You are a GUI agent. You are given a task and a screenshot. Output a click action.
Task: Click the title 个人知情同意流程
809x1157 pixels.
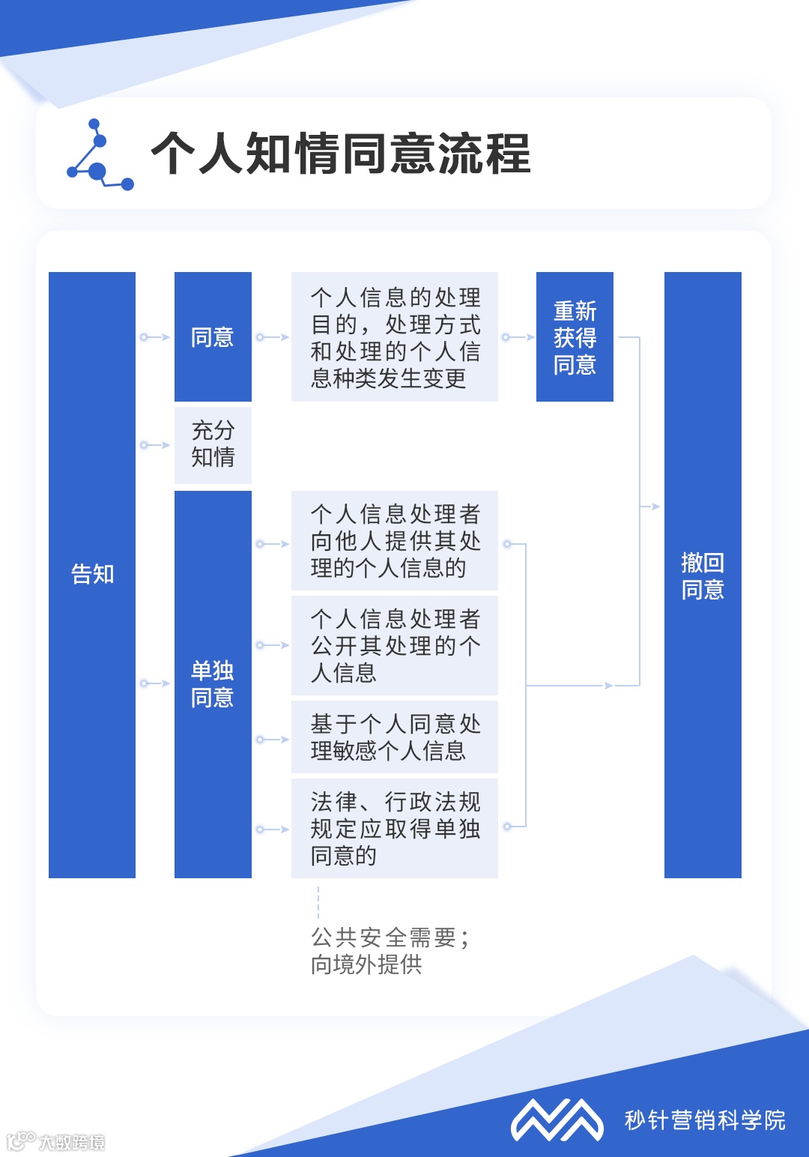(x=341, y=154)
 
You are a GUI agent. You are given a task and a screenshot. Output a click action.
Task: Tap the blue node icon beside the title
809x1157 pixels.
(x=100, y=155)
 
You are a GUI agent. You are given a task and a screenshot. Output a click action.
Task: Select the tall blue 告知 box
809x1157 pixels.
(x=92, y=575)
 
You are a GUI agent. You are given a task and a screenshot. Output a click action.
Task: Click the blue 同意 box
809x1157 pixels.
(x=213, y=337)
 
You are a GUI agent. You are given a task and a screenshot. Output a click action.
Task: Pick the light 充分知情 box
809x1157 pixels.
(x=213, y=444)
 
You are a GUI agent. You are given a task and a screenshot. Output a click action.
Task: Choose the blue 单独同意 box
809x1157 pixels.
(x=213, y=684)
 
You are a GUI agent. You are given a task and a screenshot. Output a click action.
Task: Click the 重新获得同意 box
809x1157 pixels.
(x=575, y=337)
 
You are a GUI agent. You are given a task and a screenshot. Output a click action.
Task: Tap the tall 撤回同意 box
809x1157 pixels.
(x=703, y=575)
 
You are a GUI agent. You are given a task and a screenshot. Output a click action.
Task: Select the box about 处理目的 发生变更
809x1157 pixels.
(x=395, y=337)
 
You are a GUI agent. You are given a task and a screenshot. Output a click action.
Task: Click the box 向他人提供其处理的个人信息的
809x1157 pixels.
(x=395, y=541)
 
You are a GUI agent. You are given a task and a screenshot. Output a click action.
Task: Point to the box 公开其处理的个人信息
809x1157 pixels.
(x=395, y=645)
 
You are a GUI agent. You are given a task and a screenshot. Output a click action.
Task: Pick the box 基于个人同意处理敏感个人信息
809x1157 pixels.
(x=395, y=737)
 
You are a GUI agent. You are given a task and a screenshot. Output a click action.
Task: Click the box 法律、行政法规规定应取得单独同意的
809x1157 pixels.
(x=395, y=829)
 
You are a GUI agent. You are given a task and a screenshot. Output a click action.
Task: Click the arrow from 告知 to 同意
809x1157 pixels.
(x=155, y=337)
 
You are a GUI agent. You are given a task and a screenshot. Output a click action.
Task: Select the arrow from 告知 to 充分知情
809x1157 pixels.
(x=155, y=445)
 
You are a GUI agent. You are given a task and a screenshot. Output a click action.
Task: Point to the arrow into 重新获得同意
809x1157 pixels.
(x=518, y=337)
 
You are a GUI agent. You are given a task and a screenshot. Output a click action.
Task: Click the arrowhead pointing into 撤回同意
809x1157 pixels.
(x=655, y=507)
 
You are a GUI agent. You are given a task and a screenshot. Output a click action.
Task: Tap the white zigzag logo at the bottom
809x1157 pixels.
(x=557, y=1120)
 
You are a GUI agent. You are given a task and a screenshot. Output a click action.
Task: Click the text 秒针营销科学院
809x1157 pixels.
(x=705, y=1120)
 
